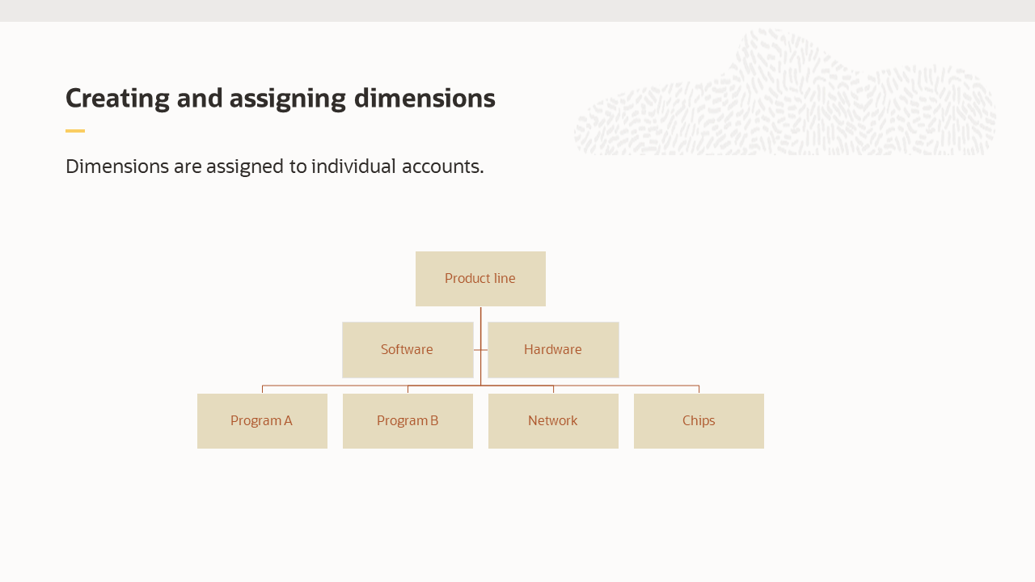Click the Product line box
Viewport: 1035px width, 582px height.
[x=480, y=279]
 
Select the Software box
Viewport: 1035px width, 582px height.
[x=408, y=350]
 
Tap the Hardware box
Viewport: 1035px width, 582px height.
[x=553, y=350]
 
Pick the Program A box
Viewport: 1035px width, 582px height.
[x=262, y=421]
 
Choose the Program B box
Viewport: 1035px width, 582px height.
[x=408, y=421]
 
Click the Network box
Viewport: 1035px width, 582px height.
[x=553, y=421]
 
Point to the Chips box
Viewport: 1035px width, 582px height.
[x=699, y=421]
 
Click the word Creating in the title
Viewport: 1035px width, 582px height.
[x=118, y=98]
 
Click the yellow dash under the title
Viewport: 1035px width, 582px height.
[x=75, y=131]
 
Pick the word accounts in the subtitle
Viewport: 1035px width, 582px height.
[x=449, y=167]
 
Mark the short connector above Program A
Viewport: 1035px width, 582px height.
[x=262, y=389]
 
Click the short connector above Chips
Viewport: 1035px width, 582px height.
[x=699, y=389]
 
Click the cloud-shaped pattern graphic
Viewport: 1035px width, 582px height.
[x=784, y=97]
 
